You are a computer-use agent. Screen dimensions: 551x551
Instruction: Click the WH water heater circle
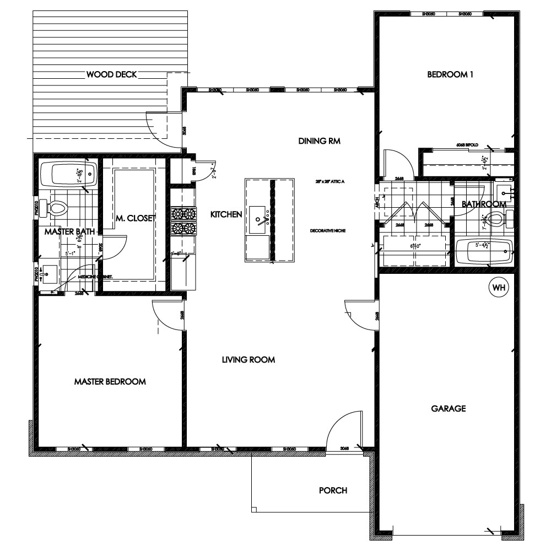pos(499,287)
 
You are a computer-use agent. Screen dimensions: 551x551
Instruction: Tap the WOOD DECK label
pos(111,74)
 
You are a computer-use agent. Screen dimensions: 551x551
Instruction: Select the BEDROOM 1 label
pos(450,75)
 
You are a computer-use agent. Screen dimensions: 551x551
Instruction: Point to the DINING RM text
pos(320,141)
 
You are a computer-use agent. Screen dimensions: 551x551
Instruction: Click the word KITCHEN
pos(226,214)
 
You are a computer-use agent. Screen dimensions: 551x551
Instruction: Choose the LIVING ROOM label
pos(248,360)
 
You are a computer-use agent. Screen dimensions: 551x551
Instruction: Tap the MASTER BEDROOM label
pos(110,381)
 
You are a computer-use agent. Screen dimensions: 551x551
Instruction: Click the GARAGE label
pos(449,408)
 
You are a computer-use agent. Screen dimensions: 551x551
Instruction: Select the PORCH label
pos(333,490)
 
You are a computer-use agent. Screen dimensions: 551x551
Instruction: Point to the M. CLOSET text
pos(136,219)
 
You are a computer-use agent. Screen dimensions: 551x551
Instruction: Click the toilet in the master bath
pos(57,208)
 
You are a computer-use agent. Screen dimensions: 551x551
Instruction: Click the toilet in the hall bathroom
pos(497,220)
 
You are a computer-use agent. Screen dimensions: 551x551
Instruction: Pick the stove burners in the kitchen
pos(184,220)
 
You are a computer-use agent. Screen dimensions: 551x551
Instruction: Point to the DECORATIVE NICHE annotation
pos(327,230)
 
